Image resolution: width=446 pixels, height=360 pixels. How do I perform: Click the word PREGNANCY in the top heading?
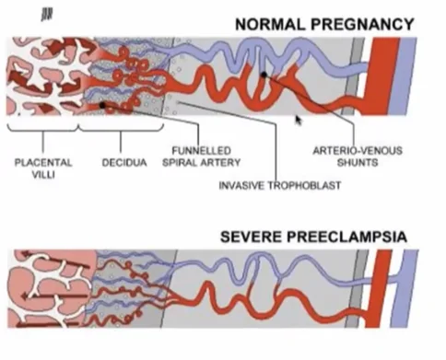pos(355,24)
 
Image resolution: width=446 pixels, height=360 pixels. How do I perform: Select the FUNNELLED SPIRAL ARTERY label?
pos(201,156)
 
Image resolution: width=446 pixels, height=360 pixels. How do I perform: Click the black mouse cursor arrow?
pos(298,120)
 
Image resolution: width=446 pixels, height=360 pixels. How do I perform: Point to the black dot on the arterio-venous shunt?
pos(264,75)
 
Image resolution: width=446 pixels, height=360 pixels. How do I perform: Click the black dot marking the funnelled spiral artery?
pos(102,106)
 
